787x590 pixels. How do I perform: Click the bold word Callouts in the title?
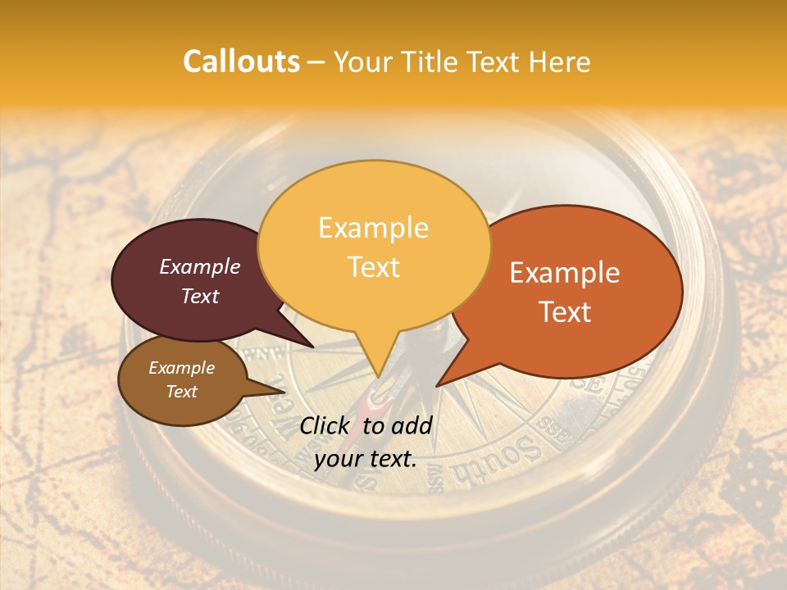(x=241, y=61)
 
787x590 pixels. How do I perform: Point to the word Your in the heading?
(x=362, y=61)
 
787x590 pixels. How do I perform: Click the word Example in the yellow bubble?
(x=373, y=228)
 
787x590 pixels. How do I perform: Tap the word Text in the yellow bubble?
(x=373, y=267)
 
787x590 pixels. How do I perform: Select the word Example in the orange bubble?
(x=565, y=273)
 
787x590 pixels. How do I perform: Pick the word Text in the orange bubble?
(x=565, y=312)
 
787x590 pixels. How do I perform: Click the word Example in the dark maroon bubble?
(x=199, y=267)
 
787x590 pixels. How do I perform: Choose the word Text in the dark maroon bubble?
(x=199, y=296)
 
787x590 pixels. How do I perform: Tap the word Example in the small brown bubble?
(x=181, y=368)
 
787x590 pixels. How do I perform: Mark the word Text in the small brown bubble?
(x=181, y=392)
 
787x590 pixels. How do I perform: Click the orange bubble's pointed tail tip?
(x=438, y=385)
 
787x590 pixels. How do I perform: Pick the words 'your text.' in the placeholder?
(x=366, y=459)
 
